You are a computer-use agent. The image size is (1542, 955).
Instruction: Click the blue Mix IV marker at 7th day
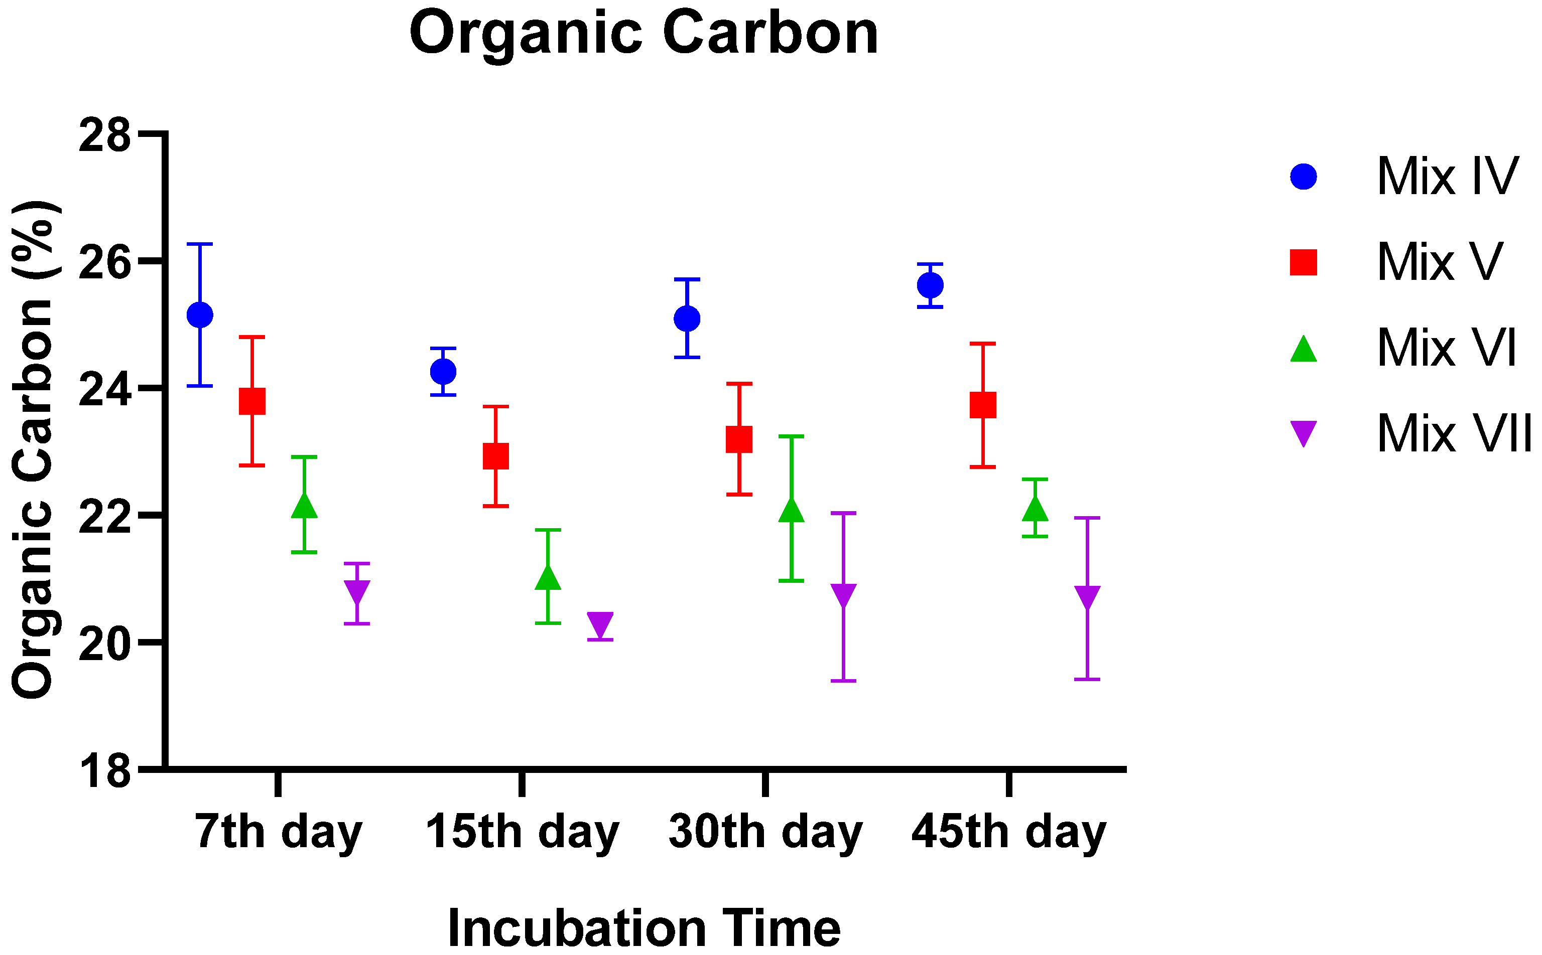[200, 314]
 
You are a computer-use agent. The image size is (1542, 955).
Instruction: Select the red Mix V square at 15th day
[495, 455]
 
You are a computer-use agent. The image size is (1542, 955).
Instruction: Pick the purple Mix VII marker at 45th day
[1087, 596]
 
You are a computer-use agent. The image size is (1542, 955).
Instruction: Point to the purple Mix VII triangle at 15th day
[600, 624]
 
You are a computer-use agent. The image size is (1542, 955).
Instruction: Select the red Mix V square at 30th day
[739, 439]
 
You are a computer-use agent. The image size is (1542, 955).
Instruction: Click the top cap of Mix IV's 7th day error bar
[200, 244]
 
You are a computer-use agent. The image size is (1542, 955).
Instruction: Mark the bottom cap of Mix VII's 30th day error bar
[843, 681]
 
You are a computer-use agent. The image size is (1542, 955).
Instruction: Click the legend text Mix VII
[1454, 434]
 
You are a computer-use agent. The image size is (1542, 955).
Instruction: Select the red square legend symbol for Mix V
[1303, 262]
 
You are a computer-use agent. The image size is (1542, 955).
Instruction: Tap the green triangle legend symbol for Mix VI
[1303, 349]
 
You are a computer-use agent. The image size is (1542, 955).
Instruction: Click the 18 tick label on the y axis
[104, 771]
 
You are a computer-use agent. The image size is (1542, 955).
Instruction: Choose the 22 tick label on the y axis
[104, 517]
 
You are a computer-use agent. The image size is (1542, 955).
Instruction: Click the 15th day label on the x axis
[522, 833]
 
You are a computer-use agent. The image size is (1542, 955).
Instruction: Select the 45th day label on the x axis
[1008, 833]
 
